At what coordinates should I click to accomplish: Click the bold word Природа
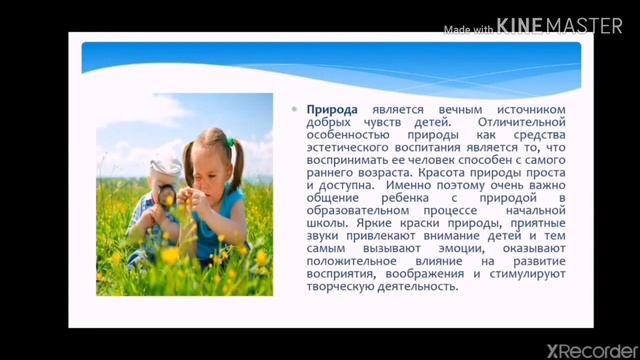[x=331, y=109]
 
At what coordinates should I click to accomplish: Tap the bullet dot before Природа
[x=295, y=108]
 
